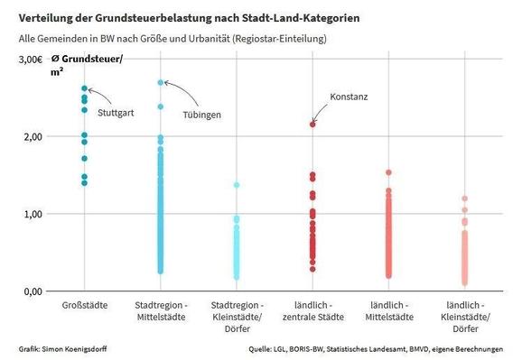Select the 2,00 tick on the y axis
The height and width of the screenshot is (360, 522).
coord(31,137)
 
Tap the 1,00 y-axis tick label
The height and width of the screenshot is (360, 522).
coord(31,215)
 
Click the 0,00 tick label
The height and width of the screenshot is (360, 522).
coord(31,291)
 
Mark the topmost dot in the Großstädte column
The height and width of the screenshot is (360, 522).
coord(84,89)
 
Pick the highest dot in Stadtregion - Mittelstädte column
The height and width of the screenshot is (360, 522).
coord(161,83)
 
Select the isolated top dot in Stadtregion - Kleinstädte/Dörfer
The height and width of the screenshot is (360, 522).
coord(237,185)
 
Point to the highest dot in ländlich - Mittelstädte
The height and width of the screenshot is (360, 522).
coord(389,172)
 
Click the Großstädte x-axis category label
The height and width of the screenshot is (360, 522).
coord(84,306)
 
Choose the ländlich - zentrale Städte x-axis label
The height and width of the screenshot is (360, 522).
coord(312,311)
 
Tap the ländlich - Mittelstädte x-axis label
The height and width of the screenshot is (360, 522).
coord(389,311)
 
